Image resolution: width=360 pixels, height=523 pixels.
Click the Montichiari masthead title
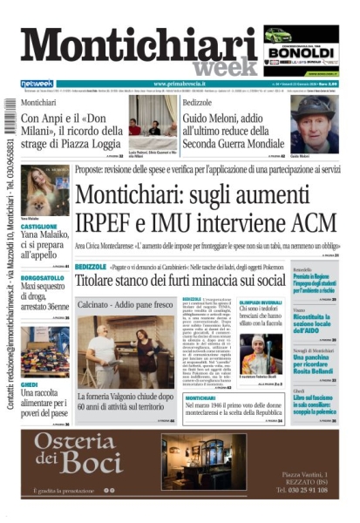pos(139,44)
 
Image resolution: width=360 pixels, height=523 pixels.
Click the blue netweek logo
pos(37,85)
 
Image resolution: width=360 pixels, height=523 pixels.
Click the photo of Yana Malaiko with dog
pos(44,189)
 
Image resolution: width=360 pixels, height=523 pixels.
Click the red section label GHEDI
pos(29,384)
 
